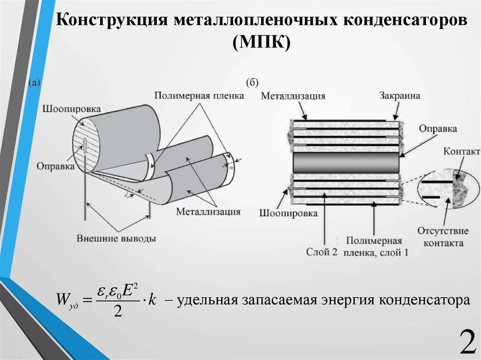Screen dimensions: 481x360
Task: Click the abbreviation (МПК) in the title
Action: pyautogui.click(x=262, y=43)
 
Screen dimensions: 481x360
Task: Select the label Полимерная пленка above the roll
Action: pyautogui.click(x=199, y=96)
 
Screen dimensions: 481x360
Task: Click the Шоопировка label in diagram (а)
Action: pyautogui.click(x=71, y=109)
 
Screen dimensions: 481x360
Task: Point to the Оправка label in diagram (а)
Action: pyautogui.click(x=55, y=166)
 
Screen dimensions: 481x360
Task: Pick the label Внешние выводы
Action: pyautogui.click(x=116, y=238)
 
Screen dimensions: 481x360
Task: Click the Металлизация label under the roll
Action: pyautogui.click(x=209, y=212)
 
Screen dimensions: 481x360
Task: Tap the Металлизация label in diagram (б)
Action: pyautogui.click(x=293, y=96)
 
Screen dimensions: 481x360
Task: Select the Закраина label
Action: pyautogui.click(x=399, y=96)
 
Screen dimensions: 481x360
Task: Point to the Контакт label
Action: pyautogui.click(x=461, y=152)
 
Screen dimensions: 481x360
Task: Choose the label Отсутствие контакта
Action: pyautogui.click(x=443, y=237)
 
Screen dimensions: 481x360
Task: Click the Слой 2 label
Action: pyautogui.click(x=322, y=252)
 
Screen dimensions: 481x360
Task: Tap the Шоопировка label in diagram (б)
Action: pyautogui.click(x=288, y=213)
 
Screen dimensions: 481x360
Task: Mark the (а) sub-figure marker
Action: pyautogui.click(x=35, y=83)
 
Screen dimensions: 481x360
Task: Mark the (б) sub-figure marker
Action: pyautogui.click(x=252, y=83)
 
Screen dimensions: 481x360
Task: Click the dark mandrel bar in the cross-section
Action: pyautogui.click(x=346, y=163)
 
